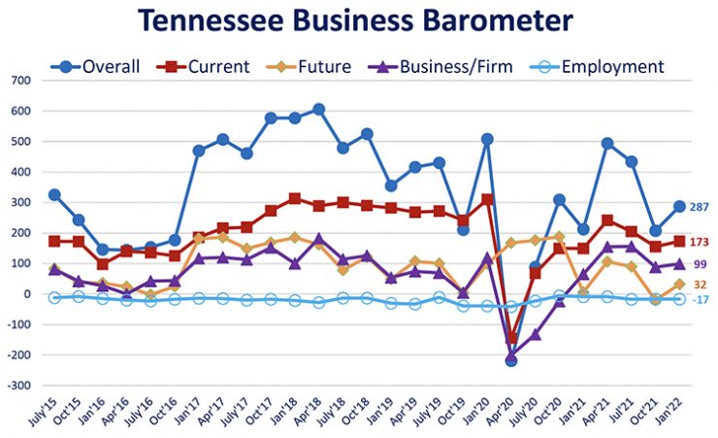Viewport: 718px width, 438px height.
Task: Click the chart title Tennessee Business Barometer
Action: pos(354,20)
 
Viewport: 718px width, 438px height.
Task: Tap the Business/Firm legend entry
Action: pos(433,67)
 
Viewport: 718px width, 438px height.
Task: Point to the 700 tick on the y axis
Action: pos(19,81)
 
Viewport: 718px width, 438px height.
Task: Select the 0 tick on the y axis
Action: pos(27,294)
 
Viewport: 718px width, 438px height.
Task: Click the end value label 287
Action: pos(702,207)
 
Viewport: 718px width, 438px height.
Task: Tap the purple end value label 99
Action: pos(700,264)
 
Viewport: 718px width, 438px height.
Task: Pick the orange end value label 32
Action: pos(700,284)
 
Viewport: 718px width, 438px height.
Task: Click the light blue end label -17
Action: pos(701,299)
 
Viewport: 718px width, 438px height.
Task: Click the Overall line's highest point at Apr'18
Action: pos(318,110)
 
